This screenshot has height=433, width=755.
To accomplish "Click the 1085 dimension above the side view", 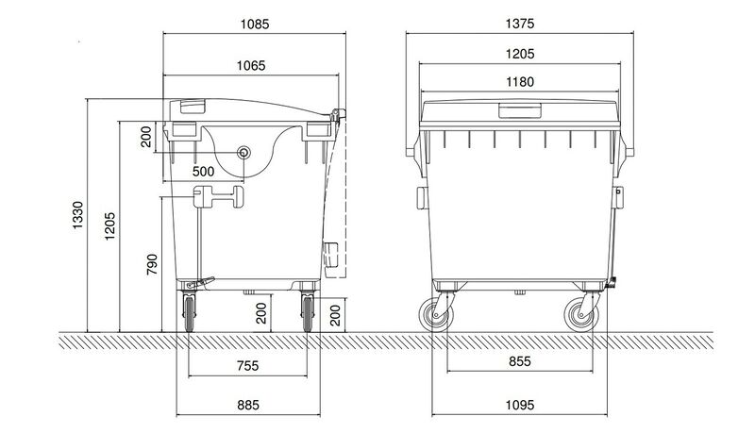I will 252,22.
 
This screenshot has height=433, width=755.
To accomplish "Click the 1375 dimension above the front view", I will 518,22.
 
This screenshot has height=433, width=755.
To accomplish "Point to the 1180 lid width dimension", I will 518,83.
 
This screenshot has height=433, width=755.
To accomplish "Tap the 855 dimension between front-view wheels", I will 518,361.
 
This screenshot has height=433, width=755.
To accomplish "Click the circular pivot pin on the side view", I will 245,152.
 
